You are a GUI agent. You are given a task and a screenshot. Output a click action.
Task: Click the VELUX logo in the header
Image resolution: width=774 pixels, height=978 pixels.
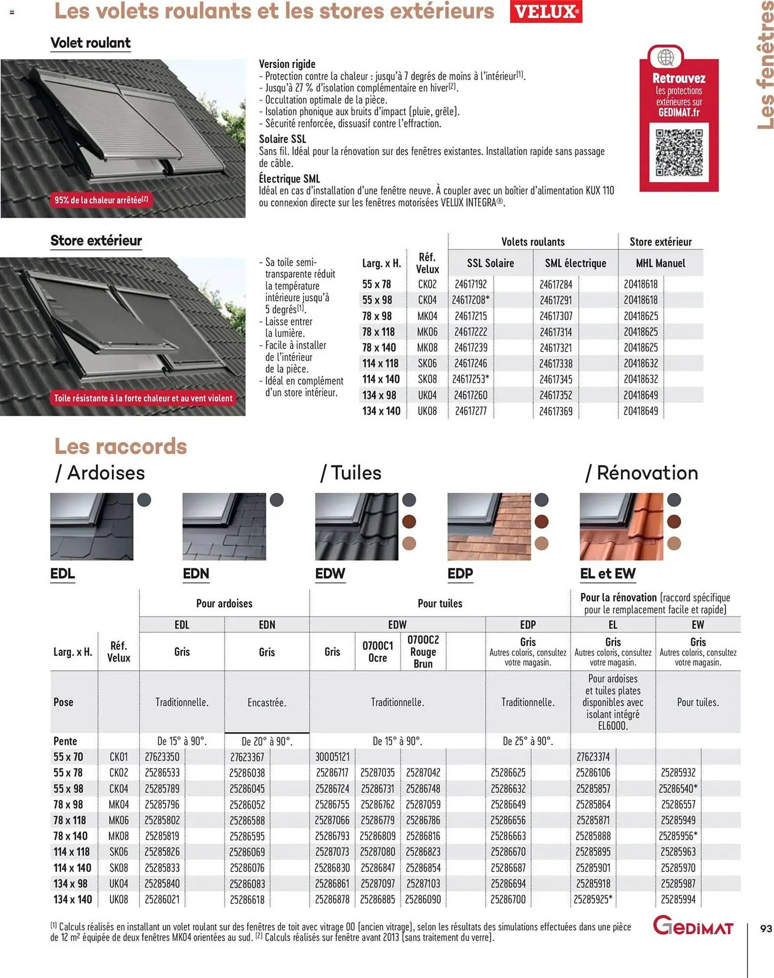coord(546,12)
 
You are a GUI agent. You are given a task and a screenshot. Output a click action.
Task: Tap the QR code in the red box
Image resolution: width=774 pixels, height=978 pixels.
coord(679,153)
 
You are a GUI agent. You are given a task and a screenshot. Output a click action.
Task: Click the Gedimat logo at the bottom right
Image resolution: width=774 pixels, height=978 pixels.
coord(693,926)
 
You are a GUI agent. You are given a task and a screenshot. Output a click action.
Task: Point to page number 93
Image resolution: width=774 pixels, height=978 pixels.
coord(766,928)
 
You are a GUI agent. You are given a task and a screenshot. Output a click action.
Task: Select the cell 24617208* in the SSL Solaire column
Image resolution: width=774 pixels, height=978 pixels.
coord(471,300)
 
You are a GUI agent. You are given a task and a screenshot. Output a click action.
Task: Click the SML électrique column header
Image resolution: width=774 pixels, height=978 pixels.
coord(575,263)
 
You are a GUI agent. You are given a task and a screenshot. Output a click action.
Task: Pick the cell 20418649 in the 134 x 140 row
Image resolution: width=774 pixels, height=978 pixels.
coord(641,411)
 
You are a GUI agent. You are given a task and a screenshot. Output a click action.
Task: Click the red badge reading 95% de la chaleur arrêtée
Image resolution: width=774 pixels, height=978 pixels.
coord(101,200)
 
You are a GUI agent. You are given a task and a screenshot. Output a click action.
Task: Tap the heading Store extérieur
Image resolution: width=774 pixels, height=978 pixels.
coord(96,241)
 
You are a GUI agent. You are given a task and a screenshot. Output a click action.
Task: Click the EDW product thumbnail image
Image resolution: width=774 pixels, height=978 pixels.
coord(357,526)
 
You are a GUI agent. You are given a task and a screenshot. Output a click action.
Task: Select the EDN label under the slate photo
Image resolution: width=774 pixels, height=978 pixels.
coord(196,573)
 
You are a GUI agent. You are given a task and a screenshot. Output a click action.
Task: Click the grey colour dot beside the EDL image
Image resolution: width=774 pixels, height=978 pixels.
coord(144,500)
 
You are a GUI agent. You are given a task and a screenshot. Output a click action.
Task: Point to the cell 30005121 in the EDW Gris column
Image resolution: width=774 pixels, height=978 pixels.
coord(332,757)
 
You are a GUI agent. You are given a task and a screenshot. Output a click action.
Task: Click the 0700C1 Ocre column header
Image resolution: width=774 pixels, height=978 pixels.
coord(377,651)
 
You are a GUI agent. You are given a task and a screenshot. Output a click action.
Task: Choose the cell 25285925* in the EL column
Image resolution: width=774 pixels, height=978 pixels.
coord(593,899)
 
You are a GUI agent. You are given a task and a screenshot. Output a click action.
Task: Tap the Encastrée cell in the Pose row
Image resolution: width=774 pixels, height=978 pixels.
coord(267,702)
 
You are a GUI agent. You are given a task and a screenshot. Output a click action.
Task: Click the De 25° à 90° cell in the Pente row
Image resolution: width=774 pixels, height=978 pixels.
coord(528,741)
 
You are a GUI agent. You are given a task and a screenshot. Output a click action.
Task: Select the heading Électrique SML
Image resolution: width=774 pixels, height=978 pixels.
coord(289,178)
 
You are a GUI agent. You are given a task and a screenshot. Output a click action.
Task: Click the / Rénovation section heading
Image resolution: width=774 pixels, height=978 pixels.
coord(642,473)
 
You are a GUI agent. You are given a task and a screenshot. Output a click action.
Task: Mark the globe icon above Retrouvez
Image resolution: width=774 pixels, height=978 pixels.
coord(665,57)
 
